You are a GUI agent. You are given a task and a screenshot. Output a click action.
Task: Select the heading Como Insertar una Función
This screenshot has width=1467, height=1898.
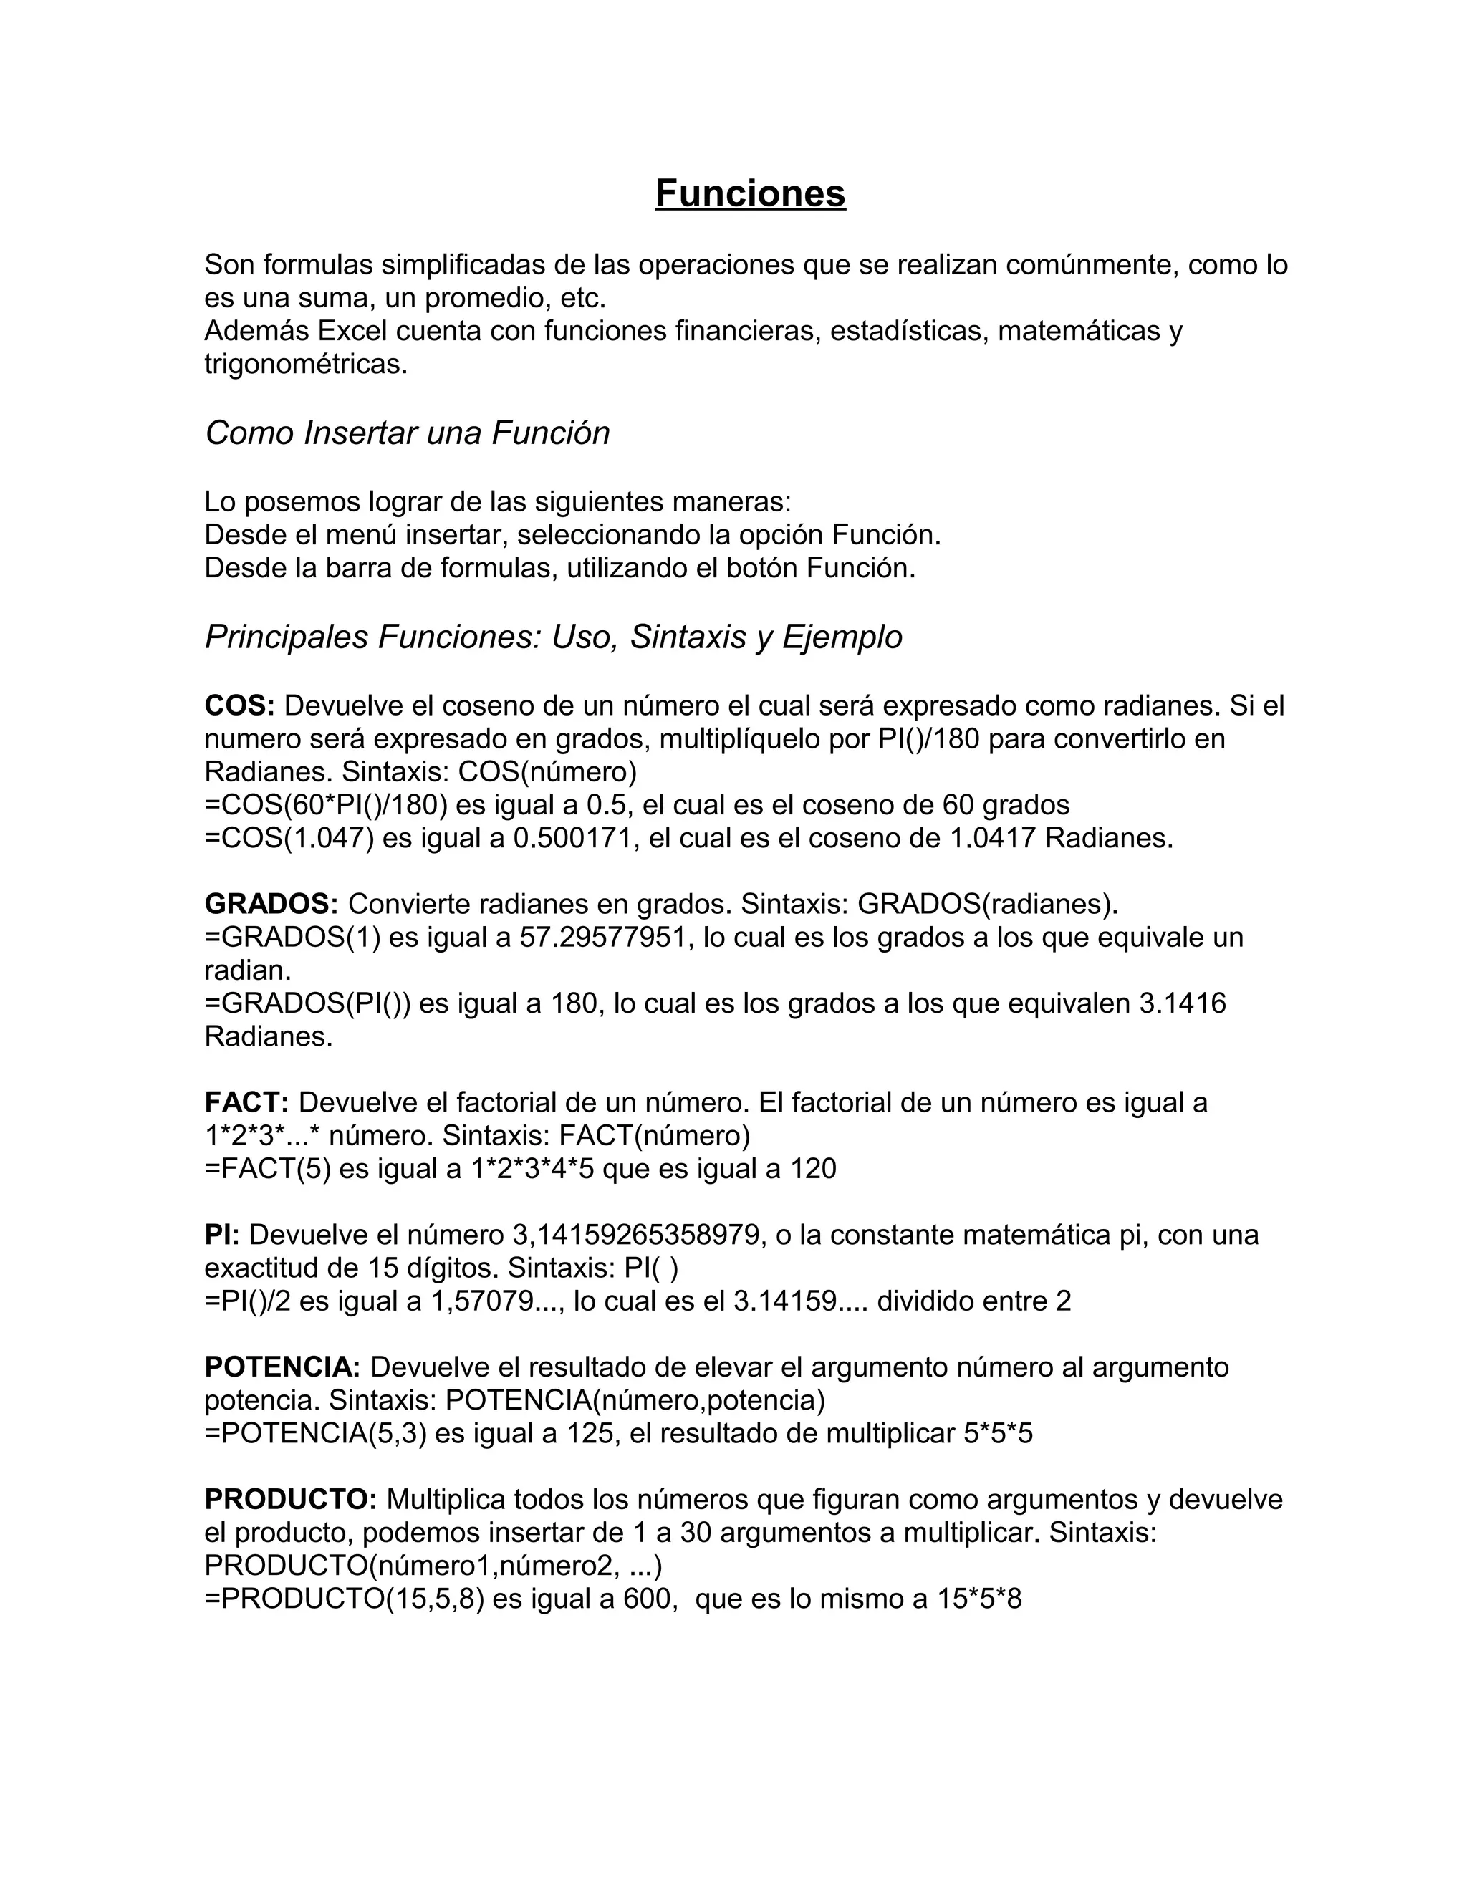(407, 433)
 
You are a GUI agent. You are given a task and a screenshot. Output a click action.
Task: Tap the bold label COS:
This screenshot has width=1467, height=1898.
(239, 705)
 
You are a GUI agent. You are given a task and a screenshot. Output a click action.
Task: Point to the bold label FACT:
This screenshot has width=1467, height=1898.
(246, 1103)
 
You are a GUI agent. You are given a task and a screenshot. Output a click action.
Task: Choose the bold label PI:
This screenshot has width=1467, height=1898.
(221, 1235)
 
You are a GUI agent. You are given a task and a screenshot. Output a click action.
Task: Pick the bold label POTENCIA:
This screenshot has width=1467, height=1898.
(282, 1367)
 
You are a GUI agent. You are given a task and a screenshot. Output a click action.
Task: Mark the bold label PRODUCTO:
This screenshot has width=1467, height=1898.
(290, 1499)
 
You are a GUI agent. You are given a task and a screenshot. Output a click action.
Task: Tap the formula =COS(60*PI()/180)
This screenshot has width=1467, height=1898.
(326, 806)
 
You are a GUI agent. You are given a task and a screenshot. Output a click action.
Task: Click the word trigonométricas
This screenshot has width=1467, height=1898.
(305, 364)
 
